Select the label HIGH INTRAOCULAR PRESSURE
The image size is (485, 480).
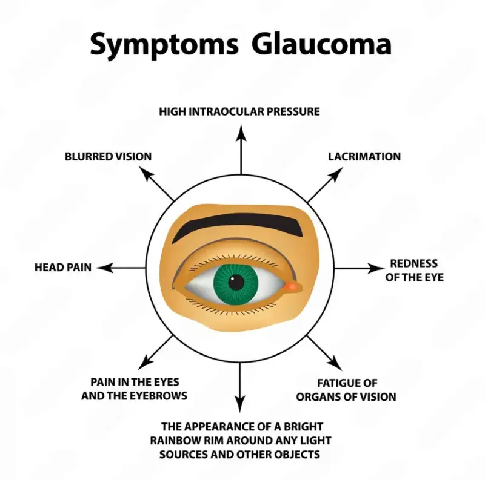coord(239,111)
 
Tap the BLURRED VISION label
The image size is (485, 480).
coord(109,156)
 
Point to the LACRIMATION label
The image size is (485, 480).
coord(364,156)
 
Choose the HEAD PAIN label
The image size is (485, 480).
coord(63,267)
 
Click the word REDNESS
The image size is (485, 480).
coord(413,263)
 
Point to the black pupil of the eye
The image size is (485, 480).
coord(237,281)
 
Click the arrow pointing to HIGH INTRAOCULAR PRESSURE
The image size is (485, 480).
coord(241,145)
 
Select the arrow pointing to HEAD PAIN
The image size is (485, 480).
coord(121,267)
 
